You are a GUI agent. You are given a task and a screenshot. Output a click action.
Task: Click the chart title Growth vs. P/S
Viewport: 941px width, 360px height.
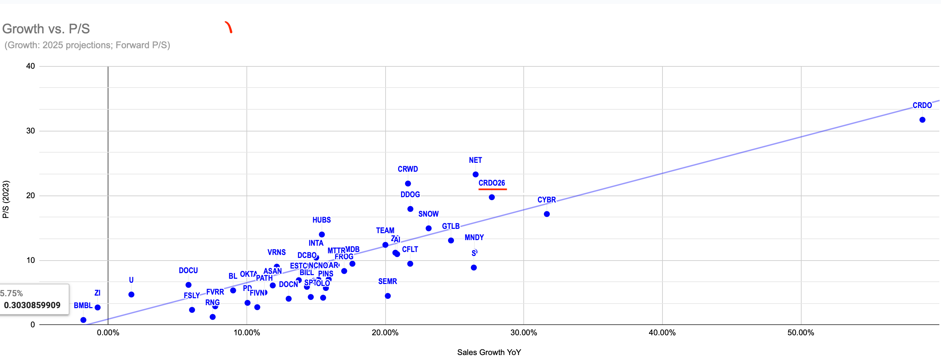click(x=46, y=29)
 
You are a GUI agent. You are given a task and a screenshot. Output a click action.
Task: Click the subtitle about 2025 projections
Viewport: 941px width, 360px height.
click(x=87, y=45)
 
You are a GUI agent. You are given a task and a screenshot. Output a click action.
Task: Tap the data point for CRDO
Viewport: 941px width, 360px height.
click(x=922, y=120)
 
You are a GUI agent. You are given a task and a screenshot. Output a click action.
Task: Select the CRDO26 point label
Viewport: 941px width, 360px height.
click(x=491, y=183)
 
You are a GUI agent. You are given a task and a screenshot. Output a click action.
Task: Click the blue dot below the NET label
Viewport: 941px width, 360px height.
click(x=475, y=174)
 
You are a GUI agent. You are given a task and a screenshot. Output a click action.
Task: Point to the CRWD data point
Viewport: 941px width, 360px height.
click(x=408, y=184)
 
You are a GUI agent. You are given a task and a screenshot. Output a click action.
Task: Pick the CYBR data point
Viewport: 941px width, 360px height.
click(x=546, y=214)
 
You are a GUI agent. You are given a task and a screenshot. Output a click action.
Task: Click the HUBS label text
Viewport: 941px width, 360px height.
click(x=321, y=220)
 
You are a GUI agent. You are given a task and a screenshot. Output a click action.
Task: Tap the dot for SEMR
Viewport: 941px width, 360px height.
click(x=388, y=296)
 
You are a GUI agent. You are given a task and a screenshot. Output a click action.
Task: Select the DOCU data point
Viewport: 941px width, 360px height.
click(x=188, y=285)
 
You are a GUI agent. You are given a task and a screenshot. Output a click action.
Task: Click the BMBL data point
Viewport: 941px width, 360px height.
click(x=83, y=320)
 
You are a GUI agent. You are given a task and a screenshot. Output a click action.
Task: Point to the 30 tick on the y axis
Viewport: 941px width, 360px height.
click(x=31, y=131)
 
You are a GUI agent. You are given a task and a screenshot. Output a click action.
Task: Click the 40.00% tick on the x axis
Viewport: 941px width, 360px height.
click(x=662, y=333)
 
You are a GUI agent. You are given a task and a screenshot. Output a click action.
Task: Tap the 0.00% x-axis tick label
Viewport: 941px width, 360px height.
click(x=108, y=333)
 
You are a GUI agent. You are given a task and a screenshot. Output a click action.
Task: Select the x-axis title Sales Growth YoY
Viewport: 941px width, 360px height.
click(x=489, y=352)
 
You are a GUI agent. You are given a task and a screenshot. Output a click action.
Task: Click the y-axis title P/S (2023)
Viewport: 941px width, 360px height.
click(x=6, y=199)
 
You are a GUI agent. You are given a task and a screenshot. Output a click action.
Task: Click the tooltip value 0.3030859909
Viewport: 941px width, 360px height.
click(x=32, y=305)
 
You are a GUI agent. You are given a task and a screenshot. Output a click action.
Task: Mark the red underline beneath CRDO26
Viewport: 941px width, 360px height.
click(x=492, y=189)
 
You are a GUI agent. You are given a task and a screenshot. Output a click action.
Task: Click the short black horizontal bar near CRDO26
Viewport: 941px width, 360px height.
click(x=518, y=194)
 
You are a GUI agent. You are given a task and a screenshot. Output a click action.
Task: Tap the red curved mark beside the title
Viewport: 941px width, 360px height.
click(x=229, y=27)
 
